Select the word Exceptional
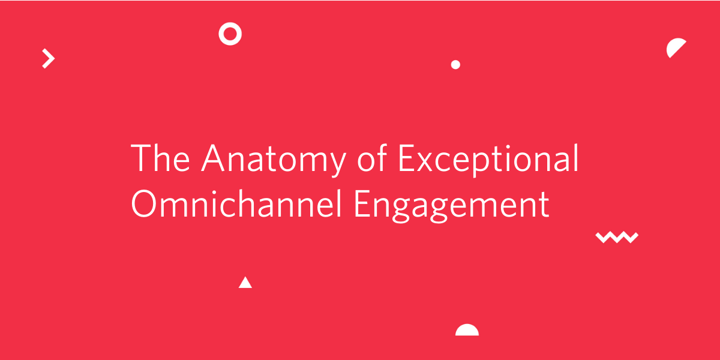coord(488,160)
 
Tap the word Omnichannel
coord(236,203)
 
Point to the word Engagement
coord(452,206)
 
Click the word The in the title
coord(160,157)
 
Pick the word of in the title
coord(372,157)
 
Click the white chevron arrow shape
coord(49,59)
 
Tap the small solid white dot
coord(455,65)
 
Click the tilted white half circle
coord(674,47)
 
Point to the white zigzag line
coord(617,237)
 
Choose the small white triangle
coord(245,283)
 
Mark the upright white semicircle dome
coord(467,331)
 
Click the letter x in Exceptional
coord(426,163)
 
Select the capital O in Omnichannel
coord(143,203)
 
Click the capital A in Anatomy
coord(212,158)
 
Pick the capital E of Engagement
coord(362,204)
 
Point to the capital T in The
coord(141,158)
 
